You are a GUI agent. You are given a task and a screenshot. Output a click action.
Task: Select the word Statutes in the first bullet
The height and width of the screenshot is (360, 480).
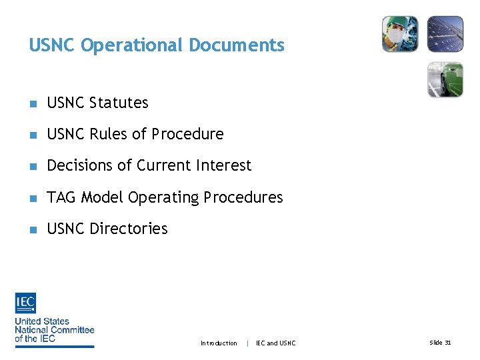[119, 103]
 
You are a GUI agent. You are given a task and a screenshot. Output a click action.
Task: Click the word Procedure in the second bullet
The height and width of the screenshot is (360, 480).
[187, 134]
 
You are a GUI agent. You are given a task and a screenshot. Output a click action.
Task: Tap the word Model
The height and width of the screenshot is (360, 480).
[102, 197]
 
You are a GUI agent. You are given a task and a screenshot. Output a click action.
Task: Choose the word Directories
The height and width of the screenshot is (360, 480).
[129, 229]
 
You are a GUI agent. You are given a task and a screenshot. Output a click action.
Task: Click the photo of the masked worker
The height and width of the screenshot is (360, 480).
[400, 34]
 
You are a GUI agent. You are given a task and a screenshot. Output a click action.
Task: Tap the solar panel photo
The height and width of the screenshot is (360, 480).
[445, 34]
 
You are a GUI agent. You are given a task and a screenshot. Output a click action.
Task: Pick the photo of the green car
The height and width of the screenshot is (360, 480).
[445, 79]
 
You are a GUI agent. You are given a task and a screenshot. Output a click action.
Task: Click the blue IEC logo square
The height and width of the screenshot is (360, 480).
[25, 303]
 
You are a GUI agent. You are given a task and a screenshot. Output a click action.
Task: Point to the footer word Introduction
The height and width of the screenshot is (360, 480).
[219, 343]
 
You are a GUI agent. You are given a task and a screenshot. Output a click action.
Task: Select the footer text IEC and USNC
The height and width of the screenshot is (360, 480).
[275, 343]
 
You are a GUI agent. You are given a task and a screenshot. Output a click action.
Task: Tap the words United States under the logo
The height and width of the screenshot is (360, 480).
[42, 321]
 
